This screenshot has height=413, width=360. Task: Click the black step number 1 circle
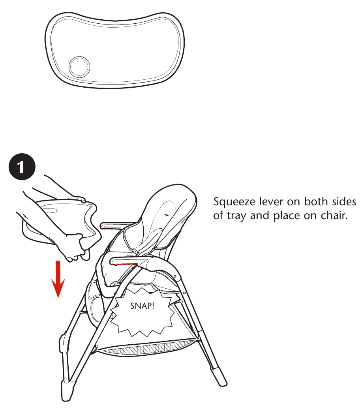(22, 167)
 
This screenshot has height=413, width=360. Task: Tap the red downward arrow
(58, 279)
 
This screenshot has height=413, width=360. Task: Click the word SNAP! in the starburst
(142, 306)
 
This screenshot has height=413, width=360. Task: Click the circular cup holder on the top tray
(79, 66)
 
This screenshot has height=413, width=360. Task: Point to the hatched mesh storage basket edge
(148, 348)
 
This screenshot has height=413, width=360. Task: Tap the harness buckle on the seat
(136, 252)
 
